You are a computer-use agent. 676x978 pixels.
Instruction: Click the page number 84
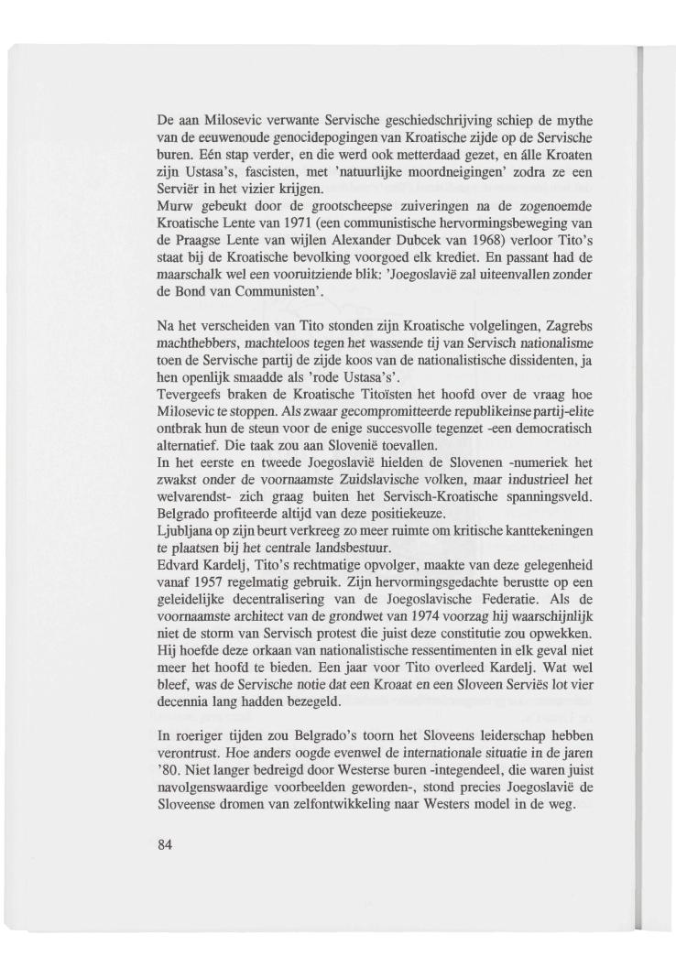[165, 844]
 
